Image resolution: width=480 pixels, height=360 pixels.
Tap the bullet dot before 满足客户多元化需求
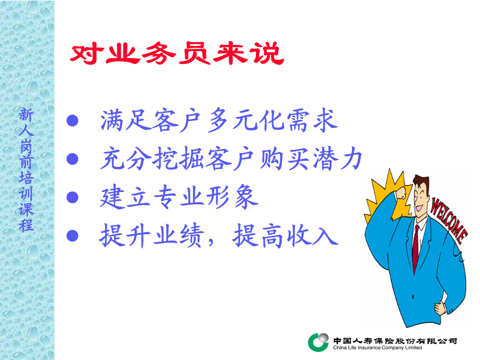coord(73,121)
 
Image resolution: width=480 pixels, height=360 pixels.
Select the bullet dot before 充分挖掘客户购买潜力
coord(73,158)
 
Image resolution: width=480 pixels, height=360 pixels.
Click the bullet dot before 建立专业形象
coord(73,197)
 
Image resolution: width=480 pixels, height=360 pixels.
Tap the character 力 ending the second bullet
coord(351,158)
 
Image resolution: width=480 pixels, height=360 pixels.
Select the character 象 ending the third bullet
coord(246,197)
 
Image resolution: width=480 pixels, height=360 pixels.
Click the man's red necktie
coord(415,249)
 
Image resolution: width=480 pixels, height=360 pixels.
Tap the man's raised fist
coord(401,195)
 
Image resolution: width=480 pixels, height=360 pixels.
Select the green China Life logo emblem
coord(318,342)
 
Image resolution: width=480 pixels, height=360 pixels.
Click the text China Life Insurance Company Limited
coord(377,348)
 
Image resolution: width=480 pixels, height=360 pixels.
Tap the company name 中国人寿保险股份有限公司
coord(395,340)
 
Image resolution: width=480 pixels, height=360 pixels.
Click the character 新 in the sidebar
coord(26,115)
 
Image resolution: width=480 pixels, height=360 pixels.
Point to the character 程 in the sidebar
coord(26,225)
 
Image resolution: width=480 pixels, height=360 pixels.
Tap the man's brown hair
coord(422,181)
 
